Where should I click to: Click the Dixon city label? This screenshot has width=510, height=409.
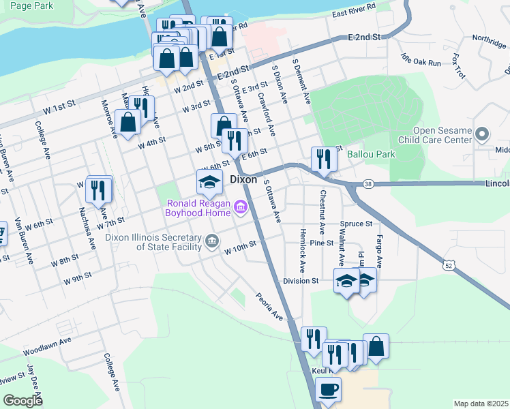(x=243, y=179)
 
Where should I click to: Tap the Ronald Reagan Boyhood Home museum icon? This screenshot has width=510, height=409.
(x=240, y=206)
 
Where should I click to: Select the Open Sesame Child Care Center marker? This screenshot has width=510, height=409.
(x=483, y=134)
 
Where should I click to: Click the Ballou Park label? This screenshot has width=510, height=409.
(x=371, y=154)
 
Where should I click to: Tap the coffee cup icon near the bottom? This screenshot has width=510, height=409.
(x=328, y=390)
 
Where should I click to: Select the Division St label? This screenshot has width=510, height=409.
(x=301, y=281)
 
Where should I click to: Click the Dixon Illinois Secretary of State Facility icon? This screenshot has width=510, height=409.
(x=212, y=241)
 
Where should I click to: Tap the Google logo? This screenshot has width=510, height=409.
(x=22, y=400)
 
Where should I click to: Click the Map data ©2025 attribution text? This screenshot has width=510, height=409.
(x=481, y=404)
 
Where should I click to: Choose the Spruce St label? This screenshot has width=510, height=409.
(x=359, y=224)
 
